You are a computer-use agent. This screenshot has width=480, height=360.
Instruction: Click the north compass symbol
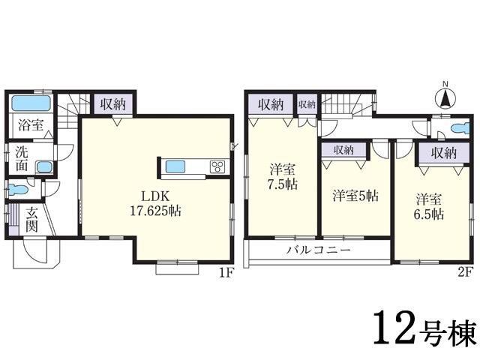coord(444,96)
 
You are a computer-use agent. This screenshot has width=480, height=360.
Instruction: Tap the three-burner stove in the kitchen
coord(218,166)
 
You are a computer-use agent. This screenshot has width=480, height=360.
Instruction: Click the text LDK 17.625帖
coord(156,202)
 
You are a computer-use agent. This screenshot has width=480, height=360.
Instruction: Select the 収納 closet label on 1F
coord(114,103)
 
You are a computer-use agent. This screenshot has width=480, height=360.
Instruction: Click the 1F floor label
coord(226,273)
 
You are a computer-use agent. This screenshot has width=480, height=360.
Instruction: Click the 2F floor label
coord(465,273)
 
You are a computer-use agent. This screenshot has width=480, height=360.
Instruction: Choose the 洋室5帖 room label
coord(355,196)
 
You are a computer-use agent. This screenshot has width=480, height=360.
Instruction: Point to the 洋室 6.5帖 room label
coord(430,206)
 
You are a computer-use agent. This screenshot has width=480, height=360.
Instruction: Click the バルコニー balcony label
coord(317,250)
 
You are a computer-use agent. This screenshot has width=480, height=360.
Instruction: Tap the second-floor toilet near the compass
coord(461,125)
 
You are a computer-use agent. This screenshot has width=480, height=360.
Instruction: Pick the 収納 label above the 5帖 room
coord(343,151)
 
